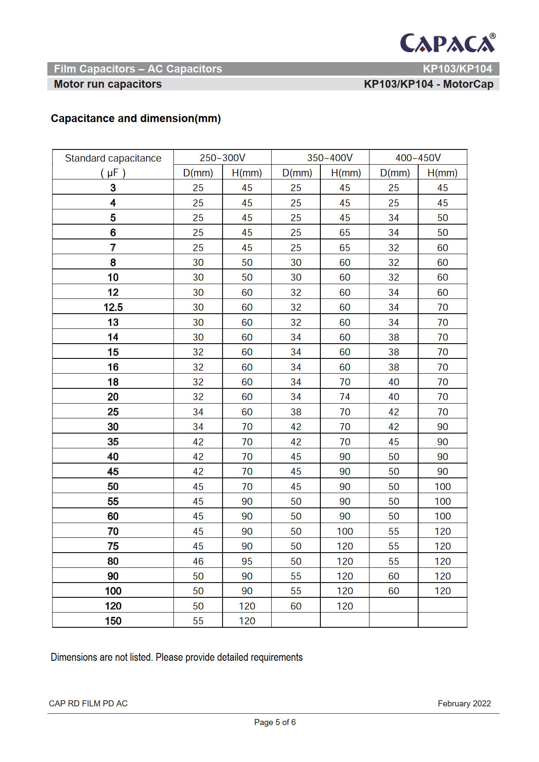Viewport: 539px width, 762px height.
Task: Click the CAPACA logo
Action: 447,43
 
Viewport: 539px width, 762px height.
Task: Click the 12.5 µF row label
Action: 113,307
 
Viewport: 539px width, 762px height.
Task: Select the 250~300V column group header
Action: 222,158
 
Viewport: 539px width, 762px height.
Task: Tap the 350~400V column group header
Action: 329,158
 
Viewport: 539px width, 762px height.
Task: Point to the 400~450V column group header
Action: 418,158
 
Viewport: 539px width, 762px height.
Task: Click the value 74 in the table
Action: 345,397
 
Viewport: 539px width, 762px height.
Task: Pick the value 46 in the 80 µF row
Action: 198,561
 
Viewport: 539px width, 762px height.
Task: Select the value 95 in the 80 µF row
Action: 247,561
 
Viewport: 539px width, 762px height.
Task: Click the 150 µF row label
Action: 113,621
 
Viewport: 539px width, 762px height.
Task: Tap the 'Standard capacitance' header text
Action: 113,158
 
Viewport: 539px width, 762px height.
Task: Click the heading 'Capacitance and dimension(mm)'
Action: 136,118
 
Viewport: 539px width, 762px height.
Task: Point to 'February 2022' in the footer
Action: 464,703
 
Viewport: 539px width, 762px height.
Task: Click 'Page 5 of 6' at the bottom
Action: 275,722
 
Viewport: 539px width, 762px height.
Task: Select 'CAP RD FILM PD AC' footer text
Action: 88,703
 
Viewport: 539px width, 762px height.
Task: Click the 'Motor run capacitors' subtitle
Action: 108,84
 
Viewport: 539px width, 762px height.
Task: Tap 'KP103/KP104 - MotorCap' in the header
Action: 428,84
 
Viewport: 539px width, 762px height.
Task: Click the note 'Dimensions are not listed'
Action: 176,657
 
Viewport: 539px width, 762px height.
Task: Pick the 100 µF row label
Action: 113,591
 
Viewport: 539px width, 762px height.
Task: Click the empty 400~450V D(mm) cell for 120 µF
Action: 393,606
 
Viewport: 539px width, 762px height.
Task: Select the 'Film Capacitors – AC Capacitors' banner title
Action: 138,69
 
